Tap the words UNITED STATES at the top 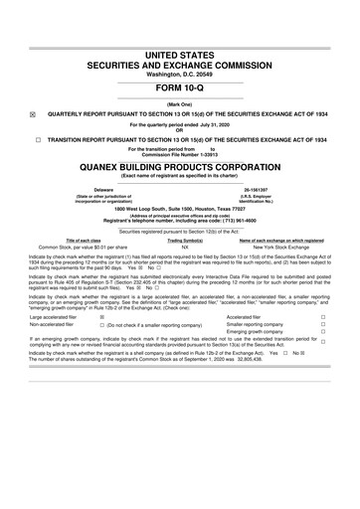180,52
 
